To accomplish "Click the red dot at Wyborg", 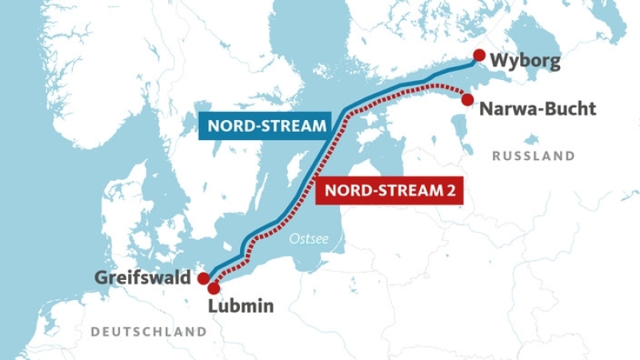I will pos(478,55).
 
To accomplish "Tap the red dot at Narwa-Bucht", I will pos(467,99).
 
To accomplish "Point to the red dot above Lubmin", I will pos(214,289).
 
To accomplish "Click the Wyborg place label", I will pos(525,61).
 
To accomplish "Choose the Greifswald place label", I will pos(143,278).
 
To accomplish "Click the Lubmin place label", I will pos(241,306).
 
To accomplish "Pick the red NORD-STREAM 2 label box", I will pos(390,191).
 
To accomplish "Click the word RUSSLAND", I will pos(534,156).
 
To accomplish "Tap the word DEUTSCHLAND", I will pos(149,331).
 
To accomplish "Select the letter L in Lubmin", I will pos(212,306).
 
